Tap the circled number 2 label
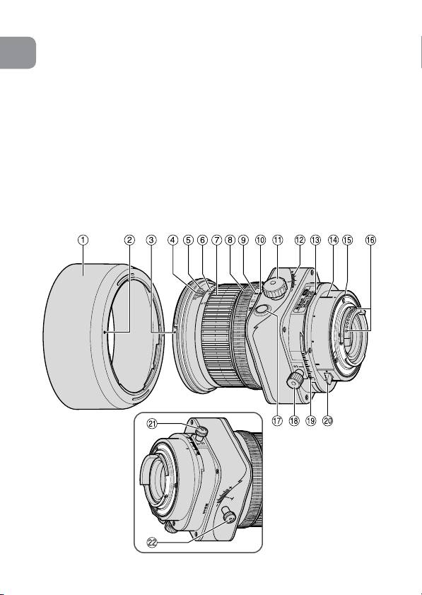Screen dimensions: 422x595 tap(129, 240)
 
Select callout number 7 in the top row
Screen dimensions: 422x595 tap(216, 240)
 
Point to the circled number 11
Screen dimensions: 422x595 tap(278, 240)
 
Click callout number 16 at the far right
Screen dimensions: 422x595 tap(370, 240)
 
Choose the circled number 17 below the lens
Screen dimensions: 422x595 tap(278, 420)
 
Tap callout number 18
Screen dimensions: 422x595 tap(294, 420)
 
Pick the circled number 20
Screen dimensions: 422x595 tap(327, 420)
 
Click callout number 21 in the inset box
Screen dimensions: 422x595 tap(153, 424)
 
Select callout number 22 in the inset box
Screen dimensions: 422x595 tap(153, 543)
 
